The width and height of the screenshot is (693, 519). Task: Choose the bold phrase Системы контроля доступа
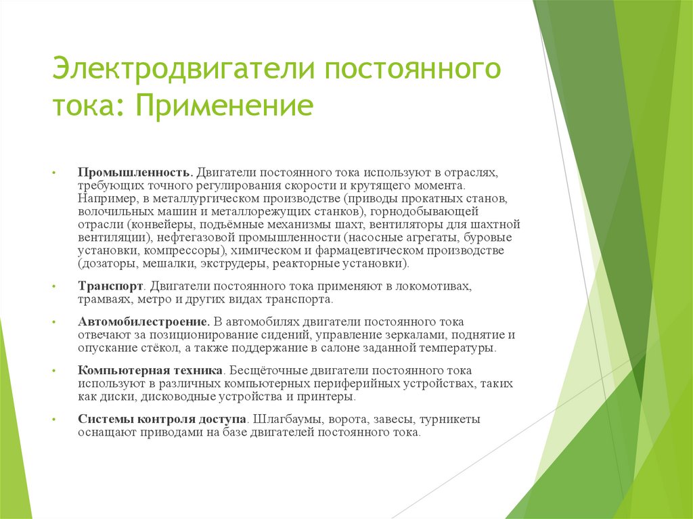161,420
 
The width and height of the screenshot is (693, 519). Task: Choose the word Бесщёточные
269,371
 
